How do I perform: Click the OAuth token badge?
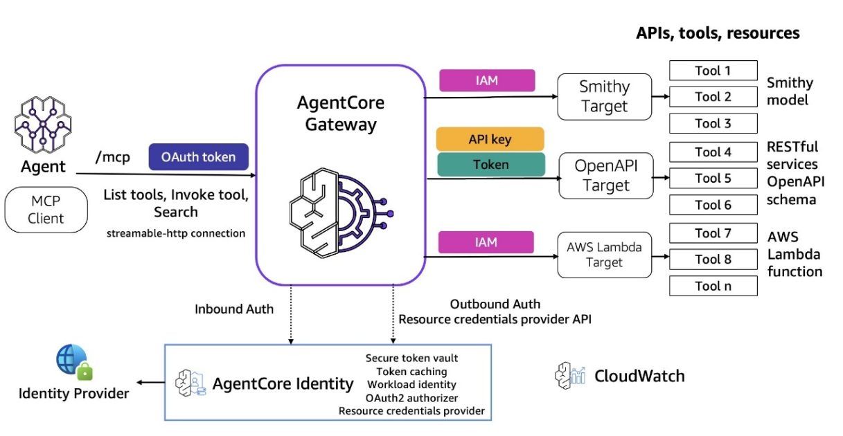[198, 157]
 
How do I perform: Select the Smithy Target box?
[605, 97]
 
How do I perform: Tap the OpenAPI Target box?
[605, 176]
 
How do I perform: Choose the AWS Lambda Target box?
[605, 254]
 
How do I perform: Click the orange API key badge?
[490, 139]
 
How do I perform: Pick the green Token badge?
[490, 165]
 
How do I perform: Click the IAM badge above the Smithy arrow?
[487, 81]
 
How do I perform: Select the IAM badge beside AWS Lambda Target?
[487, 242]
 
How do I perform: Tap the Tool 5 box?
[713, 179]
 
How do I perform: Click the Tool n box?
[713, 286]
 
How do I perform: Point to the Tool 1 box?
[713, 71]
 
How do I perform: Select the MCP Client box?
[46, 210]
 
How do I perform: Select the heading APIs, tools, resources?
[718, 33]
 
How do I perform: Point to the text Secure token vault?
[411, 358]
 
